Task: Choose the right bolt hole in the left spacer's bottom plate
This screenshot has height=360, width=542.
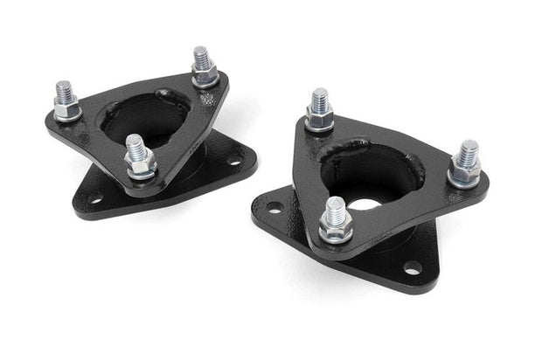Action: (x=235, y=160)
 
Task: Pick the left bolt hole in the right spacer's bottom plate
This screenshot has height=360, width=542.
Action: (x=274, y=208)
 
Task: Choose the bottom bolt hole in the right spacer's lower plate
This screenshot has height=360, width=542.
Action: (x=411, y=267)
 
